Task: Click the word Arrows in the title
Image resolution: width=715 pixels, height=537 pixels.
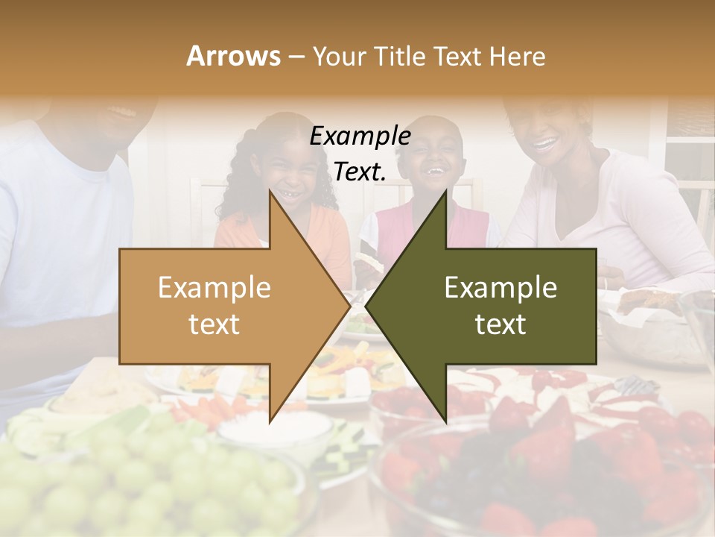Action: point(233,56)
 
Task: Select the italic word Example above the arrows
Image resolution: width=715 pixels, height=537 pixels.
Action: point(360,136)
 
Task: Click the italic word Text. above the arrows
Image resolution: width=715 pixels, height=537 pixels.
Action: point(360,172)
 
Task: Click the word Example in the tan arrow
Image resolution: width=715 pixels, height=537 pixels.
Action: point(214,288)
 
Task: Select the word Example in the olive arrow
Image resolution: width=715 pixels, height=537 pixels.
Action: point(500,288)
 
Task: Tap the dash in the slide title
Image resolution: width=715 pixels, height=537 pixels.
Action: point(296,57)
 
